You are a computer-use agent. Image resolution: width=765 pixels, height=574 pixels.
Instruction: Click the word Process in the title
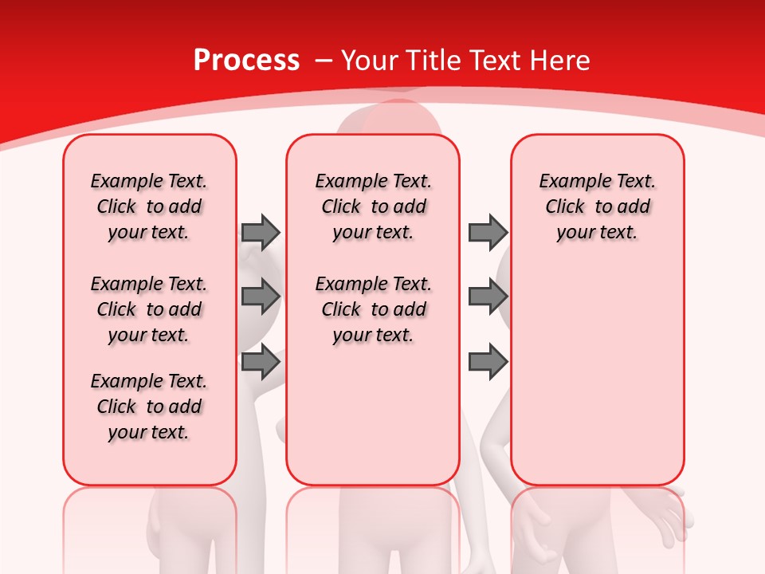pos(246,61)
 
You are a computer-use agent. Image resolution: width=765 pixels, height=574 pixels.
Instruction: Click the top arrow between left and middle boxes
pos(261,232)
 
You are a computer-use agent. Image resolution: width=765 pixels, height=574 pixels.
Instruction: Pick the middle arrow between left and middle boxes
pos(261,297)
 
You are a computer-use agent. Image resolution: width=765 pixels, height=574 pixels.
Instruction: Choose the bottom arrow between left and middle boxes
pos(261,362)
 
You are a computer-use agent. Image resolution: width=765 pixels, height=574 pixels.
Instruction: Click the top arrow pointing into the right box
pos(488,232)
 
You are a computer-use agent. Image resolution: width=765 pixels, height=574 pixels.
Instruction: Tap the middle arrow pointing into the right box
pos(488,297)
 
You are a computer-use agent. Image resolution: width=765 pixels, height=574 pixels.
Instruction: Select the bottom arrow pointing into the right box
pos(488,362)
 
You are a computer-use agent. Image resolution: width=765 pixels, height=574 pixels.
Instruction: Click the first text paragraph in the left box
pos(149,206)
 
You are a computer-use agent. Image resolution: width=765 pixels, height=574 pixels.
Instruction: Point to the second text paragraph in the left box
pos(149,309)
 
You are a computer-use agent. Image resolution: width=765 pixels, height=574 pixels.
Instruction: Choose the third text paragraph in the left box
pos(149,407)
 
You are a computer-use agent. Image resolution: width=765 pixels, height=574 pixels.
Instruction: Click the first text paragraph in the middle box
pos(373,206)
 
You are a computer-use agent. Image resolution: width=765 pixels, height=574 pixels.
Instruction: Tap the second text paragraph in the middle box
pos(373,309)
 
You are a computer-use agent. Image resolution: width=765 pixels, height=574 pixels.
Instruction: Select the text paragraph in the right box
pos(598,206)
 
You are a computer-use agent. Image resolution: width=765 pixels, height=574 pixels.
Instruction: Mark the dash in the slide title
pos(324,61)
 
